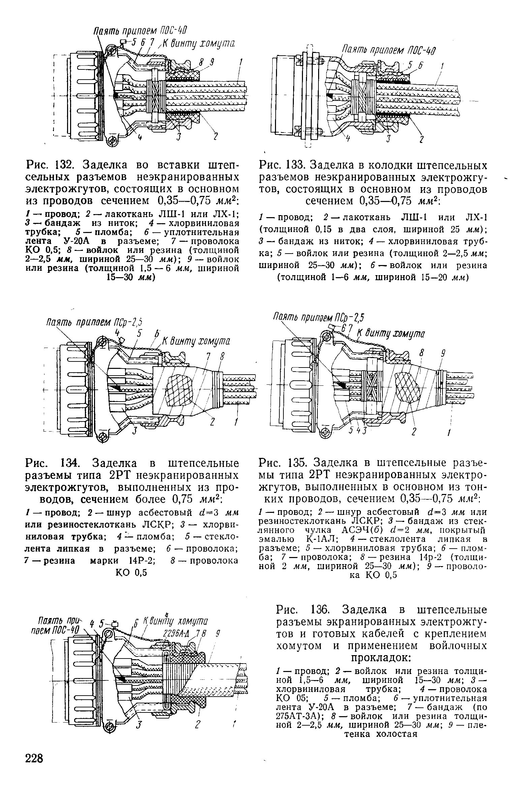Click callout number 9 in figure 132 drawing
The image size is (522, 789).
click(x=213, y=62)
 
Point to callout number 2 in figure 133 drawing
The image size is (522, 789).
click(x=421, y=139)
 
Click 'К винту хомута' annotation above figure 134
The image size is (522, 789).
click(x=197, y=341)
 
